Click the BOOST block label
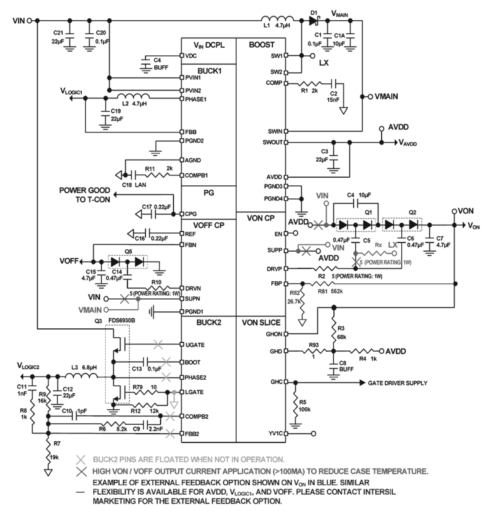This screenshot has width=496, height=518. [261, 45]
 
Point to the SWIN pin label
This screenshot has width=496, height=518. [275, 132]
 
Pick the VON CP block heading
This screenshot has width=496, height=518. [261, 218]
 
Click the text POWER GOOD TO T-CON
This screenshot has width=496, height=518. [85, 195]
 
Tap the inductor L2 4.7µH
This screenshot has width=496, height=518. [134, 96]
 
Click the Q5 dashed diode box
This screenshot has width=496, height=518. [127, 262]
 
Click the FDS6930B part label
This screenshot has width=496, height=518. [122, 320]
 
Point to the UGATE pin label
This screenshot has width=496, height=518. [195, 345]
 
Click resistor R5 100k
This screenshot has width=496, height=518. [295, 404]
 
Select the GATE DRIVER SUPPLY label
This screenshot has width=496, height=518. [397, 383]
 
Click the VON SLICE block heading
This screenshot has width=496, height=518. [261, 322]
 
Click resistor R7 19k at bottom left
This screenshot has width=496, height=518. [48, 450]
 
